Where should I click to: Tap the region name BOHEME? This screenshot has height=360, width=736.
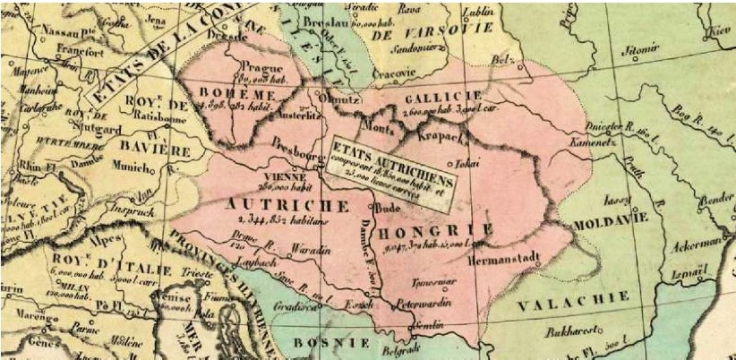pyautogui.click(x=236, y=93)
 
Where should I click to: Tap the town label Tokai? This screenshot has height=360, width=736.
pyautogui.click(x=462, y=164)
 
